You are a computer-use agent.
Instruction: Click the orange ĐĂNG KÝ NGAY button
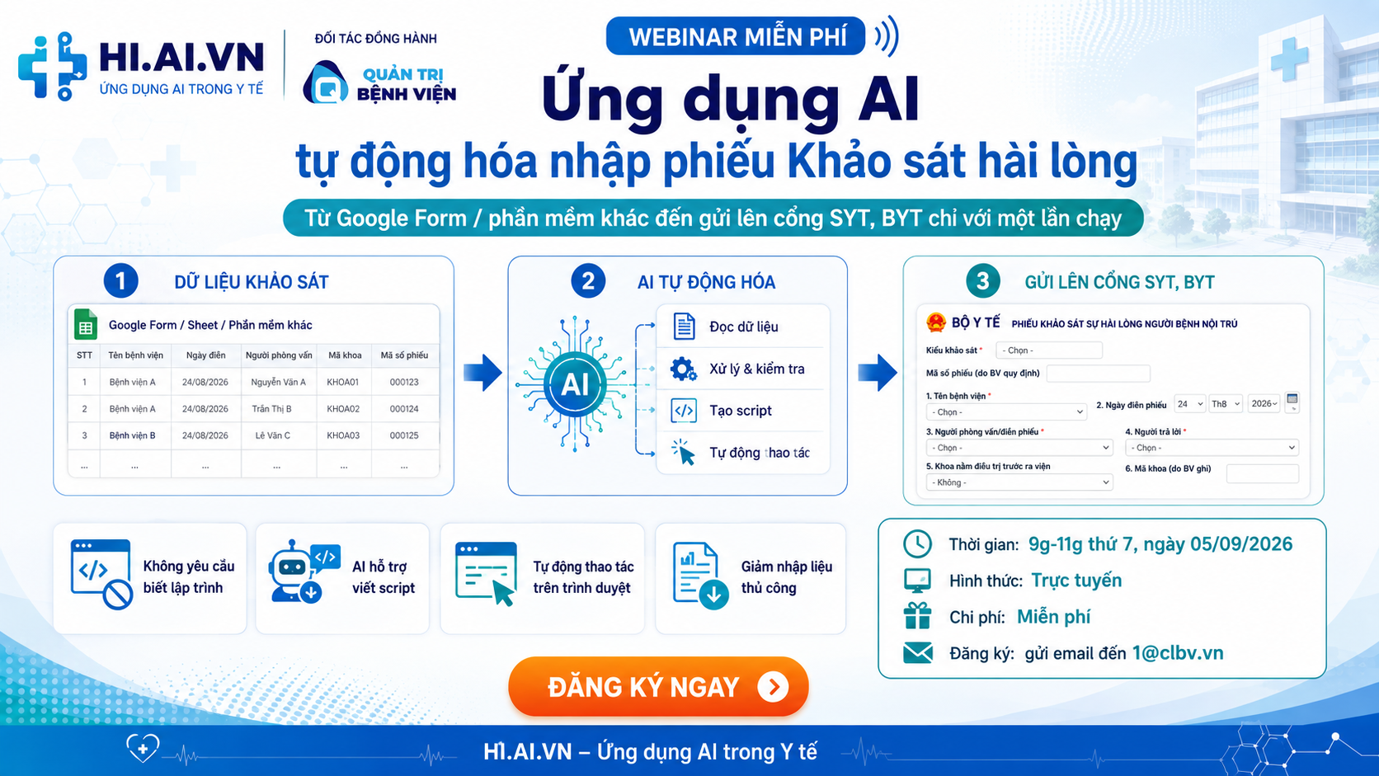(658, 686)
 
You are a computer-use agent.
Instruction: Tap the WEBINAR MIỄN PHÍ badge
(736, 36)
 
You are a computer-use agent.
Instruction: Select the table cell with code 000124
(404, 408)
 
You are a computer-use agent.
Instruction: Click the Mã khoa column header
(344, 355)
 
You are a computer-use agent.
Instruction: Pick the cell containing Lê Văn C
(273, 435)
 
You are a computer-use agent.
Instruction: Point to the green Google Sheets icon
(86, 324)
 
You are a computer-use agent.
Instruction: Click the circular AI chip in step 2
(575, 384)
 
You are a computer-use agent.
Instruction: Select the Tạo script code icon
(684, 411)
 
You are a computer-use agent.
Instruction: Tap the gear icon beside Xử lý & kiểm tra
(684, 369)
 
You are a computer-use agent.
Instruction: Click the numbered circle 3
(982, 281)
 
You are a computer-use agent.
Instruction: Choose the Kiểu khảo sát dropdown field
(1049, 350)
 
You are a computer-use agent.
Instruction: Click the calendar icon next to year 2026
(1292, 402)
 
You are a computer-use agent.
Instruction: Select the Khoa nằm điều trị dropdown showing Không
(1019, 482)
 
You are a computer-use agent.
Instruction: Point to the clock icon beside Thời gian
(917, 544)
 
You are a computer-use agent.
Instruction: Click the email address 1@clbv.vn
(1178, 653)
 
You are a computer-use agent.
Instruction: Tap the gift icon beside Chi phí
(917, 616)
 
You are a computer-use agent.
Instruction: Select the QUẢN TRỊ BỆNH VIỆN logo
(379, 82)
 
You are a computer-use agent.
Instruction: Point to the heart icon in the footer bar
(143, 748)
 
